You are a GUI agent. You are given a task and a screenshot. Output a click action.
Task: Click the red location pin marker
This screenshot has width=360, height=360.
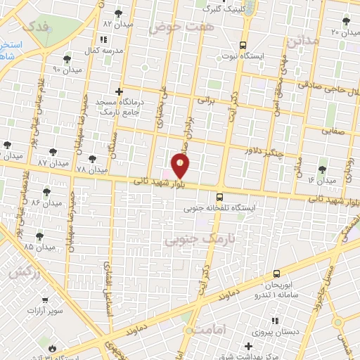(x=181, y=165)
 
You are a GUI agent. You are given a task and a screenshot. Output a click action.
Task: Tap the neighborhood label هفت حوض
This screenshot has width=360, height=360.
(x=180, y=27)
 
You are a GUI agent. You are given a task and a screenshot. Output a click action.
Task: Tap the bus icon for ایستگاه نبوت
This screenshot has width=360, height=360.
(x=243, y=42)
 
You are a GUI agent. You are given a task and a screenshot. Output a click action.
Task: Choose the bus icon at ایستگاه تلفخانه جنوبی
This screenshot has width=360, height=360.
(x=220, y=198)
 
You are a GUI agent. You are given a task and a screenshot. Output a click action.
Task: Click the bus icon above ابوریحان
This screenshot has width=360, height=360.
(x=276, y=274)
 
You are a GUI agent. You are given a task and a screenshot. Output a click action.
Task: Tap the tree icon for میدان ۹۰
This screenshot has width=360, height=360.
(x=67, y=59)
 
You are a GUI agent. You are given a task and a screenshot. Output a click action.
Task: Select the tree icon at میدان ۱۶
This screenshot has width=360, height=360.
(x=322, y=169)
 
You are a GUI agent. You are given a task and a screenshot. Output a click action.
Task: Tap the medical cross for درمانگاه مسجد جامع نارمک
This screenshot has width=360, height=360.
(x=119, y=91)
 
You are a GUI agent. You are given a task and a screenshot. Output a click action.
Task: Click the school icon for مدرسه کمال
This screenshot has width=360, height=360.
(x=105, y=40)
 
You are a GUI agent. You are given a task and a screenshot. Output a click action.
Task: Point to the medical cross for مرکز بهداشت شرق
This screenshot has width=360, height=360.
(x=247, y=346)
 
